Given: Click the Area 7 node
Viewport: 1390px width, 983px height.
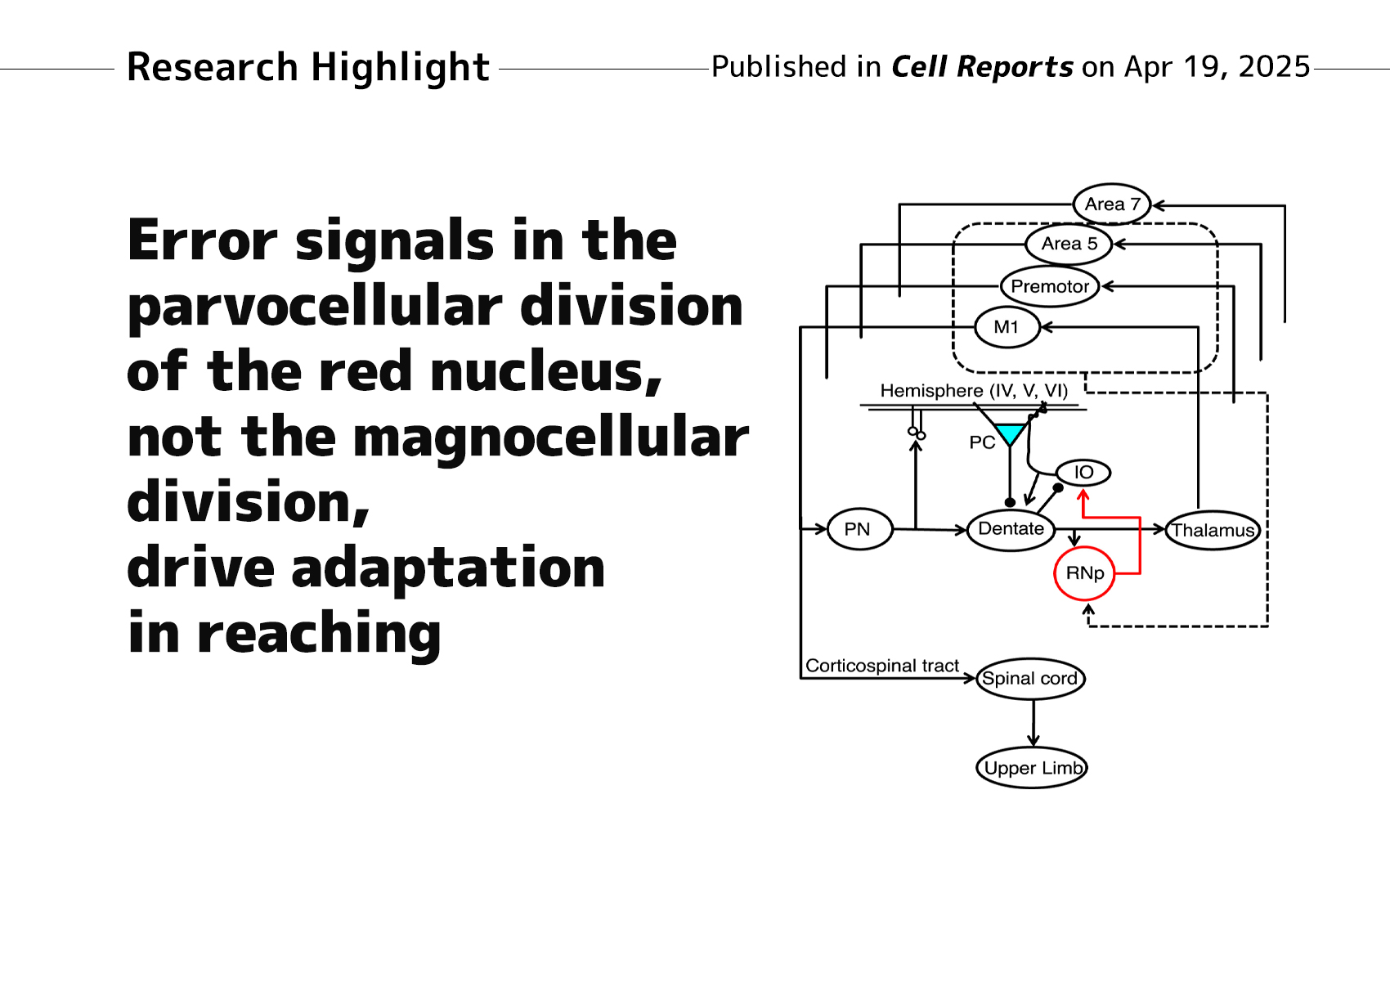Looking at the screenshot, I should (x=1111, y=204).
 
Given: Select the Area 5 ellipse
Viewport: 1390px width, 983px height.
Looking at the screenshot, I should (x=1069, y=244).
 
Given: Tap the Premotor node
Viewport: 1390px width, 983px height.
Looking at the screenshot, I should (x=1050, y=286).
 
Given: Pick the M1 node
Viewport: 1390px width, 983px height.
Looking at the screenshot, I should (x=1007, y=327).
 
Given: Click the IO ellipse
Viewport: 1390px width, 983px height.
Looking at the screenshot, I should (x=1083, y=472).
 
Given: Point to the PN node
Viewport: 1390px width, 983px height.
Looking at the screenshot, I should (x=859, y=529).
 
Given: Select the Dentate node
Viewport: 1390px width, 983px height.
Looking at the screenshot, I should (x=1011, y=529).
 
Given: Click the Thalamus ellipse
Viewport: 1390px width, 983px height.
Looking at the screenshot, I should (x=1213, y=530).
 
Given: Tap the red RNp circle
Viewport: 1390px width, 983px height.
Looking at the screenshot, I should (x=1085, y=573).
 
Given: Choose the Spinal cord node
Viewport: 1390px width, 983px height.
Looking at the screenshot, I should (x=1030, y=679).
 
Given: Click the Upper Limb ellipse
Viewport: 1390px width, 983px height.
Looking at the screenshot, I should (x=1032, y=768).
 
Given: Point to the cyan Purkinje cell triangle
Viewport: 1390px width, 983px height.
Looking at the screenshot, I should (x=1011, y=433).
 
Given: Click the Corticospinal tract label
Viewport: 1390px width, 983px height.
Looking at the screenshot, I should (x=881, y=666).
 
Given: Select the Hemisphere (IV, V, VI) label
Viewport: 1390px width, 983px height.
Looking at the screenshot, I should (x=974, y=391).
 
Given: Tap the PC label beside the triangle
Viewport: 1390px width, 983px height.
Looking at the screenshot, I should (x=981, y=442).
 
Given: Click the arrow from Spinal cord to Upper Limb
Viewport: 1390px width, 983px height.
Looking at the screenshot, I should (x=1034, y=723).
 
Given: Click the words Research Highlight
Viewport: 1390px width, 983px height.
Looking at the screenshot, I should (x=308, y=67).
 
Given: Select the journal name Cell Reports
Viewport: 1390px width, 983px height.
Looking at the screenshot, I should (x=982, y=66).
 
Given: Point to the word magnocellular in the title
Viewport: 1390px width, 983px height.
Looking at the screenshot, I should (x=550, y=438).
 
